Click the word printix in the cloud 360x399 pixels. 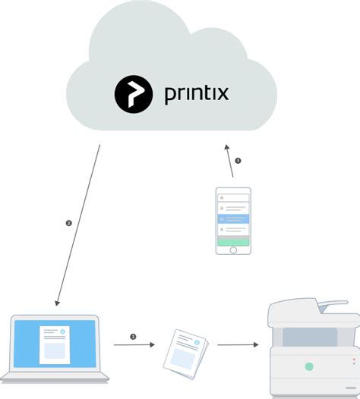pyautogui.click(x=195, y=95)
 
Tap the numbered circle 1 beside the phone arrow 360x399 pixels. pyautogui.click(x=237, y=161)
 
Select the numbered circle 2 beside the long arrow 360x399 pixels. pyautogui.click(x=68, y=223)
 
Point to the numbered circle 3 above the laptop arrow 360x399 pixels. pyautogui.click(x=133, y=336)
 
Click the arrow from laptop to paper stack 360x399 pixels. pyautogui.click(x=134, y=345)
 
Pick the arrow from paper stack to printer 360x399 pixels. pyautogui.click(x=237, y=345)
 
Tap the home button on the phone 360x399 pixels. pyautogui.click(x=233, y=249)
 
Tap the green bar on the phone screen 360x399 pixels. pyautogui.click(x=233, y=240)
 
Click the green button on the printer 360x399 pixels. pyautogui.click(x=309, y=366)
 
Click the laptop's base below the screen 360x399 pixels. pyautogui.click(x=55, y=375)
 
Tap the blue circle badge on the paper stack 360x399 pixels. pyautogui.click(x=197, y=342)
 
